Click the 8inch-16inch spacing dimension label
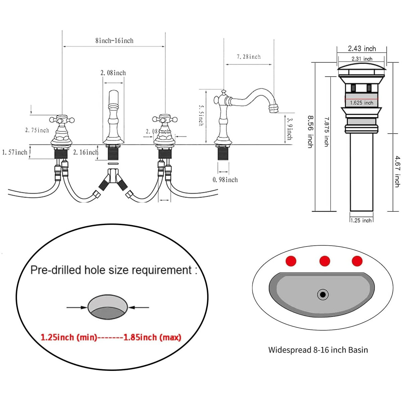114,41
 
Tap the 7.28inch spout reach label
249,57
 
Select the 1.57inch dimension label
15,152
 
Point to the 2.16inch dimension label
86,152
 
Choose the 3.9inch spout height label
289,128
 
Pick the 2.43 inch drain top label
362,49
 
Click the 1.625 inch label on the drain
361,103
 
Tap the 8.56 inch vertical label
311,132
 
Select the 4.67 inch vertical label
397,171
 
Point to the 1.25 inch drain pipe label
361,220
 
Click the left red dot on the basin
291,261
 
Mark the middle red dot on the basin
325,261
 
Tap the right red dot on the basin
357,261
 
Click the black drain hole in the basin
323,295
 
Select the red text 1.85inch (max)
152,337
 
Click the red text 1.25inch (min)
69,337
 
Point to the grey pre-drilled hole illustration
108,307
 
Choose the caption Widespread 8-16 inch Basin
318,350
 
